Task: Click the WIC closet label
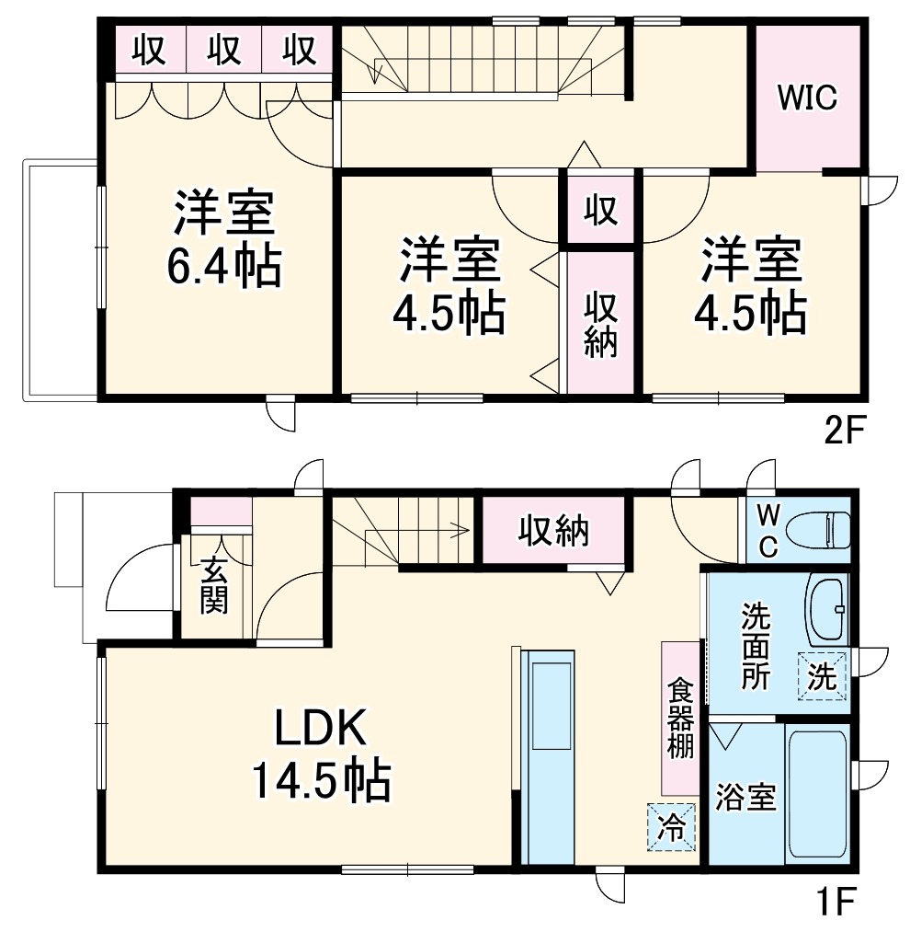coord(807,98)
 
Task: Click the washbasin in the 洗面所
coord(827,609)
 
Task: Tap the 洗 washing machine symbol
coord(822,676)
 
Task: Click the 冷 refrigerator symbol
coord(671,827)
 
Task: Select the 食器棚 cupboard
coord(680,719)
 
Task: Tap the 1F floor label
coord(837,903)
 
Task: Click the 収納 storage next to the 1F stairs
coord(553,530)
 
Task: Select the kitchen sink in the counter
coord(553,707)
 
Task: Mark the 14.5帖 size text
coord(322,779)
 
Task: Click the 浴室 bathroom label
coord(745,798)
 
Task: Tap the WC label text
coord(768,531)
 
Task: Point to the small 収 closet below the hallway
coord(600,209)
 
